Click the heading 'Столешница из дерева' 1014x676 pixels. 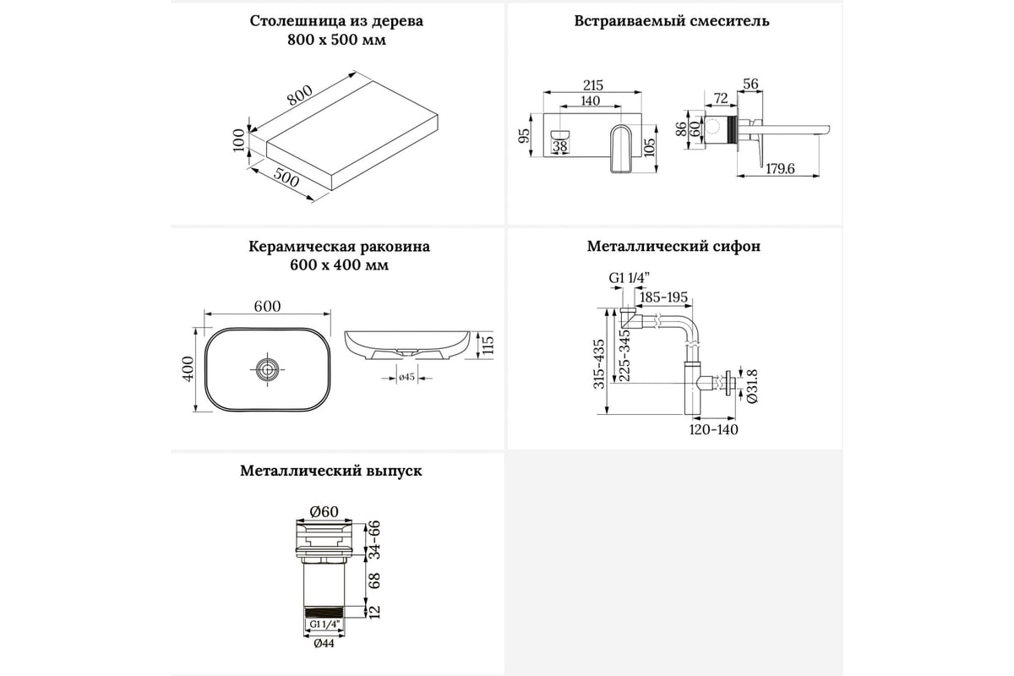pyautogui.click(x=336, y=21)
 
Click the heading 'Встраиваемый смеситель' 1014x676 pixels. pyautogui.click(x=671, y=21)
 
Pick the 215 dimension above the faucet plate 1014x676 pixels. pyautogui.click(x=593, y=85)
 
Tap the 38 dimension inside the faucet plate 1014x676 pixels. pyautogui.click(x=560, y=146)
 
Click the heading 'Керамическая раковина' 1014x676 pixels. pyautogui.click(x=339, y=247)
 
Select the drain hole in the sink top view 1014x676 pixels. pyautogui.click(x=268, y=368)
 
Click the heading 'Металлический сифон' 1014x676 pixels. pyautogui.click(x=673, y=247)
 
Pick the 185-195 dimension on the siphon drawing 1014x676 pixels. pyautogui.click(x=663, y=297)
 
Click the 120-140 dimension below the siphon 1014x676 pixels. pyautogui.click(x=715, y=429)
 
